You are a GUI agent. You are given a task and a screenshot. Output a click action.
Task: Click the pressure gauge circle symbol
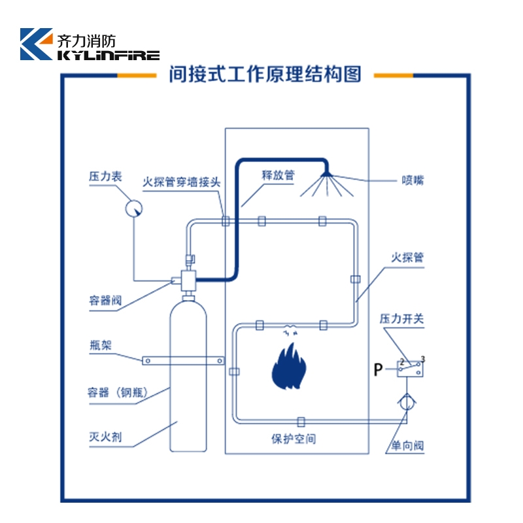pos(134,207)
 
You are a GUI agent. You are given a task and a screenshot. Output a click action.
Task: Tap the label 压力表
pos(105,177)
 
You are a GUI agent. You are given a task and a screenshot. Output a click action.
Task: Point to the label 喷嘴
pos(413,180)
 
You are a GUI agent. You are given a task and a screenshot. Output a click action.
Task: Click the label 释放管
pos(278,175)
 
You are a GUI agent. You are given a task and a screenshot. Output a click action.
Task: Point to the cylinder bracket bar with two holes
pos(182,360)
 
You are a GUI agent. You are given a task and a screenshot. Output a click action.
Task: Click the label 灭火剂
pos(105,436)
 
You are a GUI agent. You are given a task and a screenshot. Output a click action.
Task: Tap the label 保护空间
pos(294,439)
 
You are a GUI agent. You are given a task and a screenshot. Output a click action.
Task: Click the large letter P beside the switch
pos(379,371)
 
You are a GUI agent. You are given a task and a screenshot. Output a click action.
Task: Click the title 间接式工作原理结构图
pos(265,75)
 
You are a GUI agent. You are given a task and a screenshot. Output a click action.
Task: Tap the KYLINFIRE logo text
pos(109,56)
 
